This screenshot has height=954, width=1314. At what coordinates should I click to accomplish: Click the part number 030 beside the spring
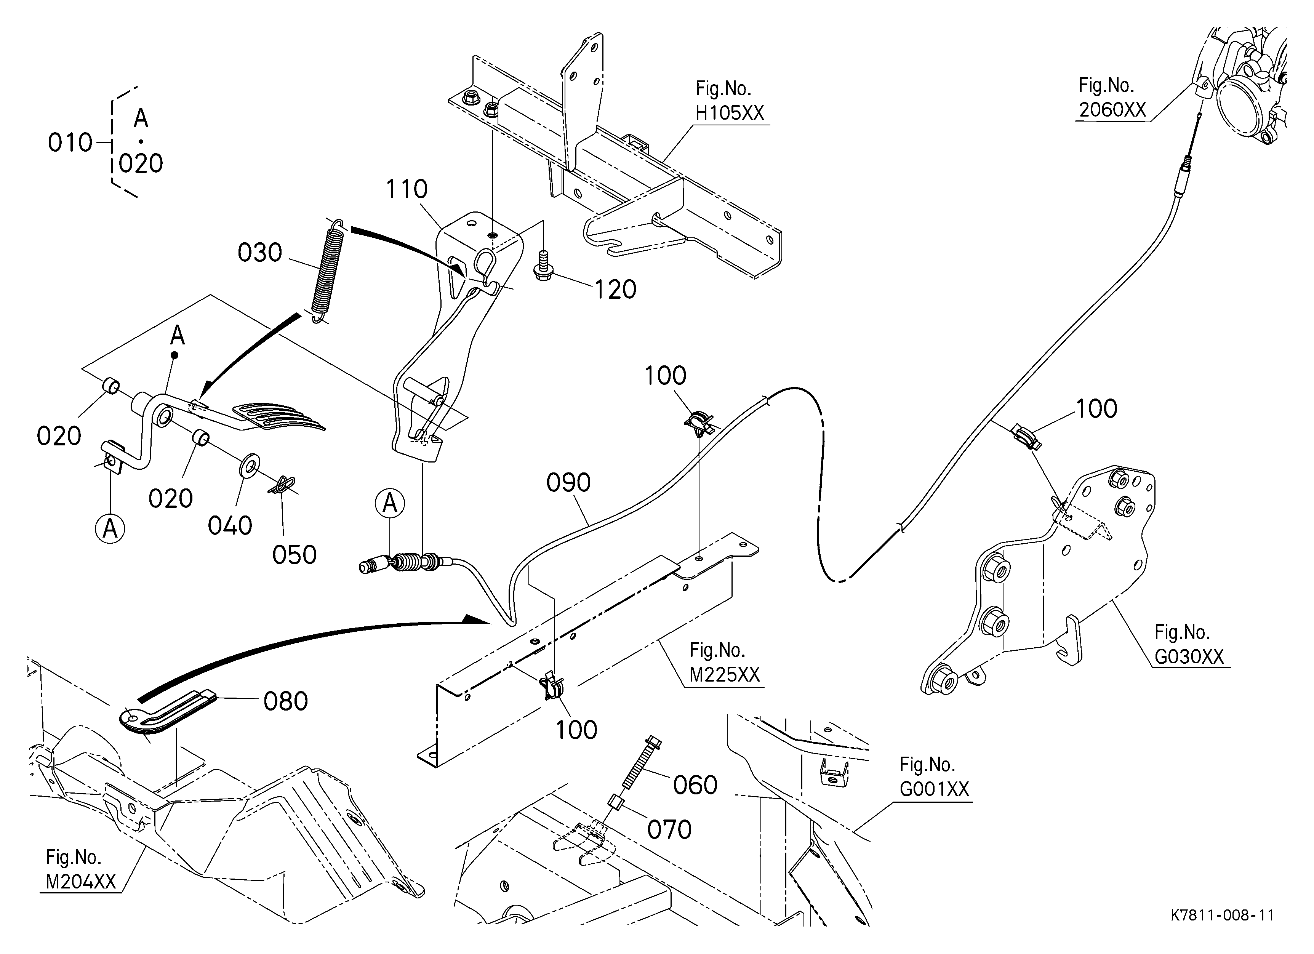(x=259, y=253)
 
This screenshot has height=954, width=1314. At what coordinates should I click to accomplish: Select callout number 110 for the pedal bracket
(x=407, y=189)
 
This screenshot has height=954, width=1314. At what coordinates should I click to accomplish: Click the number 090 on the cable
(x=568, y=482)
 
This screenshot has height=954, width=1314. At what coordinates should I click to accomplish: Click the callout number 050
(x=294, y=554)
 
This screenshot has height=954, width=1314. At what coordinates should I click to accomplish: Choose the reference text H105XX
(x=730, y=112)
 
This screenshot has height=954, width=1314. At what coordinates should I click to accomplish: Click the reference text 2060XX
(x=1112, y=109)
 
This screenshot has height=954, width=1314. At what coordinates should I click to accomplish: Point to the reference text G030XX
(x=1189, y=656)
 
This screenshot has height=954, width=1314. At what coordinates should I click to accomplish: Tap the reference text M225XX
(x=724, y=675)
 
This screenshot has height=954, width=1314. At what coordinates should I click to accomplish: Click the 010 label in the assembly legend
(x=70, y=142)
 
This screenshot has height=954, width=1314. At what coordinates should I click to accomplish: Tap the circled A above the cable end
(x=390, y=503)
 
